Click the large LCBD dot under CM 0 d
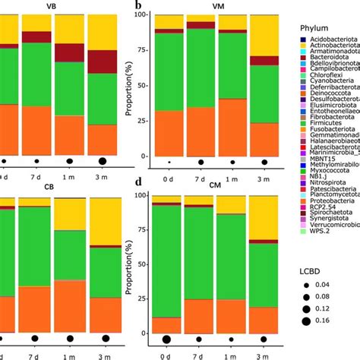click(x=166, y=339)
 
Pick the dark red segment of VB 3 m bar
click(x=103, y=62)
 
